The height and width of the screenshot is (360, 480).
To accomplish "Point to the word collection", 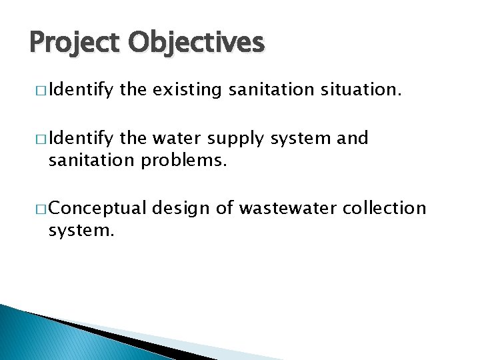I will [384, 209].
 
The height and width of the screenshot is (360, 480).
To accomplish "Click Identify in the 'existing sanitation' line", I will [81, 89].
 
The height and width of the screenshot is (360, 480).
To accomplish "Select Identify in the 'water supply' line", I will [81, 139].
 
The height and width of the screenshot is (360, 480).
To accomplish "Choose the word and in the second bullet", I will [353, 139].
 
